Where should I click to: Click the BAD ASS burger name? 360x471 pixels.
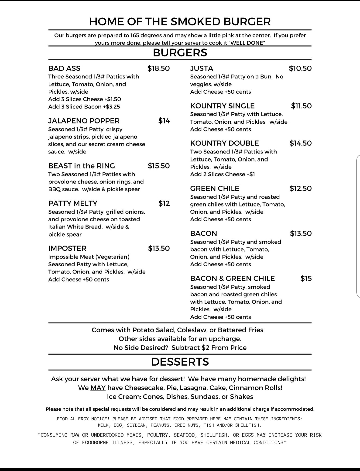(64, 68)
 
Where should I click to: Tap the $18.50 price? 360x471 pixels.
(159, 68)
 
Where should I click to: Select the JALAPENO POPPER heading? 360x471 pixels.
(84, 121)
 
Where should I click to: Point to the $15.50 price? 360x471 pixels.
(159, 166)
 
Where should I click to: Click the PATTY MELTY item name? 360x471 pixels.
(73, 203)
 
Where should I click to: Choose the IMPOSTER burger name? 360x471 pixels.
(67, 249)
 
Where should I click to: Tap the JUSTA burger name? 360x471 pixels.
(202, 68)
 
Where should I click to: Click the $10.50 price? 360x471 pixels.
(300, 68)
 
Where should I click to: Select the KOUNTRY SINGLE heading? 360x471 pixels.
(222, 106)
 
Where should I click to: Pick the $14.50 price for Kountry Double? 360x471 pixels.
(301, 143)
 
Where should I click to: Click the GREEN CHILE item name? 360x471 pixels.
(215, 188)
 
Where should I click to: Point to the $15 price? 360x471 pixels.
(306, 279)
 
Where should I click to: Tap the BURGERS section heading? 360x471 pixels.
(180, 53)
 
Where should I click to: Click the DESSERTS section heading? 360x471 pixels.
(180, 362)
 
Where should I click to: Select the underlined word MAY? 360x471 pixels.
(98, 388)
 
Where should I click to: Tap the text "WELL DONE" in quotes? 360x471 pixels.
(247, 43)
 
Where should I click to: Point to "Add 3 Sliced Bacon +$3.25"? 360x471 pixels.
(84, 107)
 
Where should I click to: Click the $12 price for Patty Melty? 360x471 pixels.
(164, 203)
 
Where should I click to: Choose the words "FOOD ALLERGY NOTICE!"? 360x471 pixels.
(83, 419)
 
